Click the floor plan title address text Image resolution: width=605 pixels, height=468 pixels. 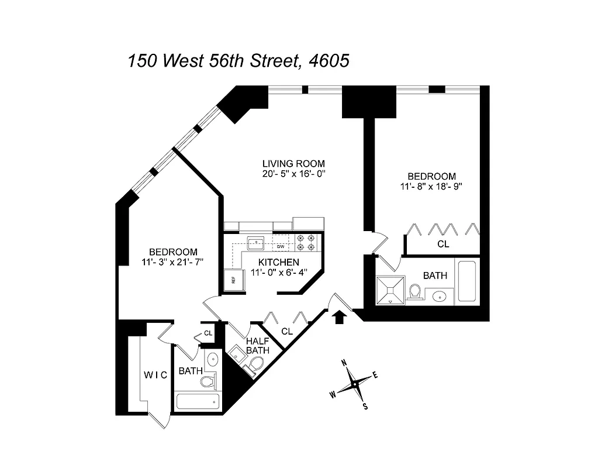[x=238, y=60]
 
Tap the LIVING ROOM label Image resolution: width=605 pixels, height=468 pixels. [x=293, y=163]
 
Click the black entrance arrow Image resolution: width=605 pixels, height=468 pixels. [x=338, y=316]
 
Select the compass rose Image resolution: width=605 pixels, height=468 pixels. [x=354, y=384]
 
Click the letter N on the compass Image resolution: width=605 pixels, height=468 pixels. [x=344, y=362]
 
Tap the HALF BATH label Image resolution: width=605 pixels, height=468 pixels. [x=257, y=346]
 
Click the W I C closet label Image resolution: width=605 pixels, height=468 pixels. [x=155, y=375]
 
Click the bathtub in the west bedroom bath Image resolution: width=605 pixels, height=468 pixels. [x=198, y=401]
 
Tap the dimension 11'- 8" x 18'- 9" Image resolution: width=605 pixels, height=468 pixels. [x=431, y=187]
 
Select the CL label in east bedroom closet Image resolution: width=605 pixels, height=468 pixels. [x=443, y=244]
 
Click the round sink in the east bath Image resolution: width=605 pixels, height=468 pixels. [x=440, y=297]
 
